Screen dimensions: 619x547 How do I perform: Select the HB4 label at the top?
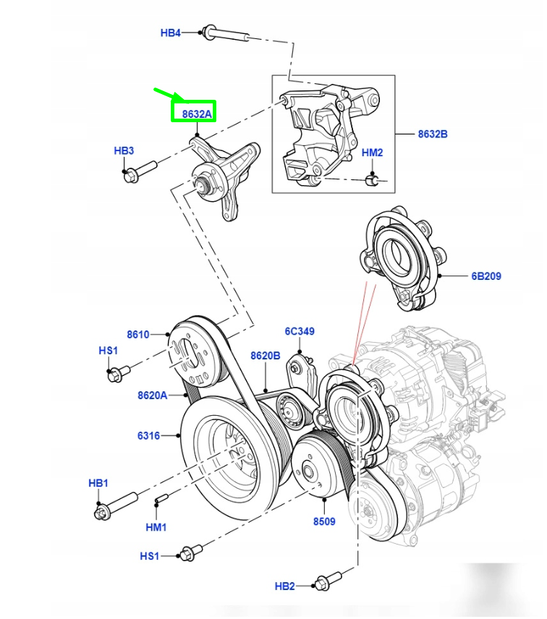[x=170, y=33]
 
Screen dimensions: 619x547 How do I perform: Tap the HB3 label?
[x=124, y=150]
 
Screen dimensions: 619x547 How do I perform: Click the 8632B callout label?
[x=433, y=134]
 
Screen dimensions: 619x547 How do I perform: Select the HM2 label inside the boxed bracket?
[x=372, y=153]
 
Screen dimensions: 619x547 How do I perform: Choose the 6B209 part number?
[x=486, y=276]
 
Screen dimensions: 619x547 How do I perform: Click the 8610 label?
[x=137, y=334]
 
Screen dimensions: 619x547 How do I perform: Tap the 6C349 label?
[x=299, y=331]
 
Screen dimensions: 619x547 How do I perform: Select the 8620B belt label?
[x=265, y=355]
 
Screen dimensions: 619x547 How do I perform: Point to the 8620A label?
[x=152, y=395]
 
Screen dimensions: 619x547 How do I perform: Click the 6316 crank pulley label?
[x=148, y=435]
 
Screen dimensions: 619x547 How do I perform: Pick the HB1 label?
[x=98, y=482]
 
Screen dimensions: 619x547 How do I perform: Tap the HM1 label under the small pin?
[x=156, y=527]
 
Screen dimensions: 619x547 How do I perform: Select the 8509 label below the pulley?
[x=324, y=521]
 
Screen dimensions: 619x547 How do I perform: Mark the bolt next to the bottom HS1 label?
[x=187, y=554]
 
